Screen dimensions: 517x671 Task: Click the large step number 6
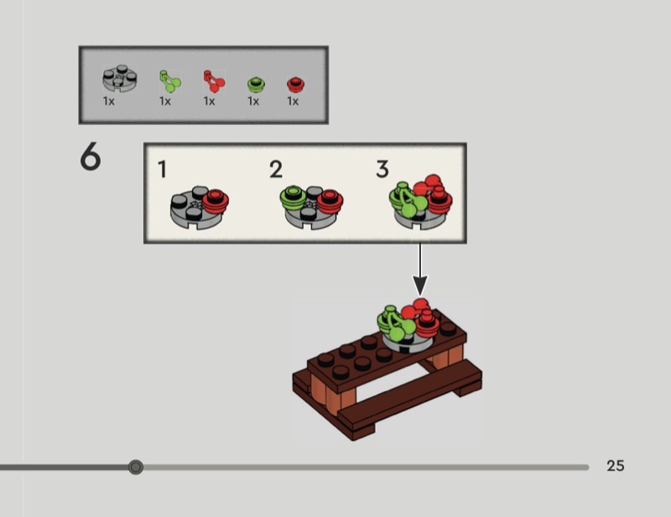pyautogui.click(x=91, y=158)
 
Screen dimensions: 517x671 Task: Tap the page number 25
pyautogui.click(x=616, y=466)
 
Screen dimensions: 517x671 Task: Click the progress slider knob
pyautogui.click(x=136, y=467)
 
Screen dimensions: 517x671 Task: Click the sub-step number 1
pyautogui.click(x=162, y=170)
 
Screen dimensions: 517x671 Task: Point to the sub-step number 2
pyautogui.click(x=276, y=170)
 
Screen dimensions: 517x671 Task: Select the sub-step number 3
pyautogui.click(x=382, y=170)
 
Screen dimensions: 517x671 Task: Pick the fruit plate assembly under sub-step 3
pyautogui.click(x=420, y=202)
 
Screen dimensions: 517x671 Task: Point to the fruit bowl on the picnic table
pyautogui.click(x=410, y=323)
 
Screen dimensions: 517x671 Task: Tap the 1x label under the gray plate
pyautogui.click(x=109, y=101)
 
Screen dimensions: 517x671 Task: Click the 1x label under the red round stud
pyautogui.click(x=293, y=101)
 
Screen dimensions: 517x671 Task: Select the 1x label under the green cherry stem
pyautogui.click(x=165, y=101)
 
